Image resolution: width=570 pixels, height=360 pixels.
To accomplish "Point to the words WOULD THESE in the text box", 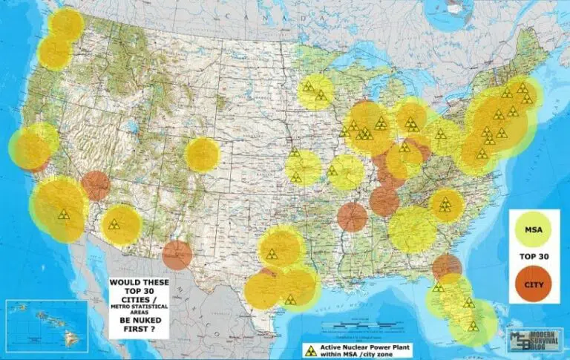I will click(x=138, y=283).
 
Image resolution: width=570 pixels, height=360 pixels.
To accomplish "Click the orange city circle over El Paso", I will click(x=177, y=255).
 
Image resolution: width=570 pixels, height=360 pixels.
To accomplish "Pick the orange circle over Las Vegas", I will click(x=96, y=186).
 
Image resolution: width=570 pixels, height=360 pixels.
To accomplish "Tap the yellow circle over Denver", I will click(x=202, y=155).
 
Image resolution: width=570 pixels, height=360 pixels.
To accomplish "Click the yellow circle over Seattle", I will click(x=66, y=24).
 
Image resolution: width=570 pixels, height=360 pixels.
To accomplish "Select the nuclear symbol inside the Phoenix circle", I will click(x=114, y=224).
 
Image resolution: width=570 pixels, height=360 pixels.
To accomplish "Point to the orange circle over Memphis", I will click(x=353, y=217).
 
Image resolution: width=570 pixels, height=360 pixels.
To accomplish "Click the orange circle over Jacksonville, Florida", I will click(x=447, y=267).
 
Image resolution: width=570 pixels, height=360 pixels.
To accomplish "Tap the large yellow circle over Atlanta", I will click(x=413, y=229).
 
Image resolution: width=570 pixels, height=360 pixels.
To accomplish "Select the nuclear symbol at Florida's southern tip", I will click(x=471, y=326).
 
